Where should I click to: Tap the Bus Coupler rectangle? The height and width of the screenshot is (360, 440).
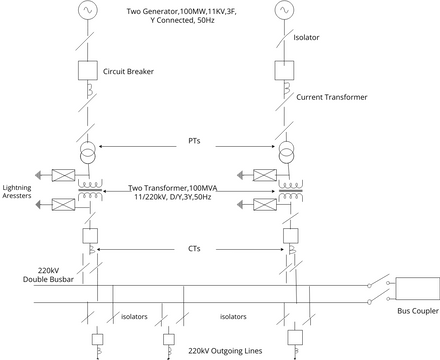click(x=418, y=289)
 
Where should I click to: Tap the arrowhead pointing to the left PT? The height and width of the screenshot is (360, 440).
click(x=100, y=147)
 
